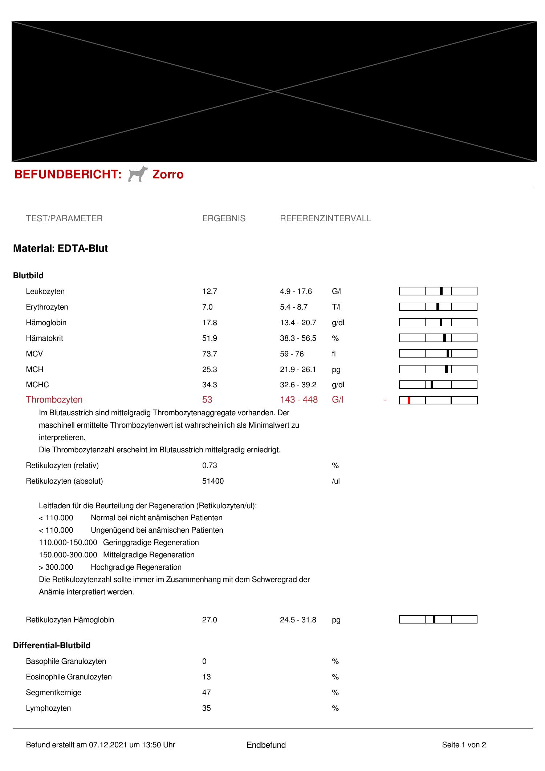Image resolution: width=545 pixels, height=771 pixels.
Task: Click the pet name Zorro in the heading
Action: coord(168,175)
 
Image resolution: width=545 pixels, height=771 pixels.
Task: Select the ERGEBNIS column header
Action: coord(224,218)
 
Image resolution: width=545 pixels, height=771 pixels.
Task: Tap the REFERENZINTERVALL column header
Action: coord(325,218)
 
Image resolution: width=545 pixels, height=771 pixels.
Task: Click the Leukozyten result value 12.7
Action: coord(210,291)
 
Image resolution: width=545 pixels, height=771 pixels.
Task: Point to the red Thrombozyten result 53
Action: coord(207,400)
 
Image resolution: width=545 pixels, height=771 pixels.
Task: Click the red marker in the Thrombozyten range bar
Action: coord(409,400)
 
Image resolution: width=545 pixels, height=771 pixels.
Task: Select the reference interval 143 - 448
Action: coord(298,400)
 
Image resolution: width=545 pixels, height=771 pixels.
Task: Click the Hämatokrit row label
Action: coord(44,338)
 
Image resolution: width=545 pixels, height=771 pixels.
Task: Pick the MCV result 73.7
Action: coord(210,354)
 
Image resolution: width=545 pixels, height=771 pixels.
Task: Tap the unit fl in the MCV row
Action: coord(334,354)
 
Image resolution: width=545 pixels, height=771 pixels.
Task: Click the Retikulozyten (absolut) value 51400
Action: coord(213,481)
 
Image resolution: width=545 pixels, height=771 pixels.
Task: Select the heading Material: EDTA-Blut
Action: coord(60,249)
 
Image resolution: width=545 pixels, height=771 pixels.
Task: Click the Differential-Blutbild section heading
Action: coord(52,645)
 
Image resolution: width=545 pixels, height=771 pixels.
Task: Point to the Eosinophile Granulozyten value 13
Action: coord(206,677)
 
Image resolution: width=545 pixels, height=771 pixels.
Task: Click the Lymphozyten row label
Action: coord(48,708)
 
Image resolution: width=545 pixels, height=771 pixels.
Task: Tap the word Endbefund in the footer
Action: coord(266,745)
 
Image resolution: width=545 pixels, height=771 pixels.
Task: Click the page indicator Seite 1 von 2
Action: coord(464,745)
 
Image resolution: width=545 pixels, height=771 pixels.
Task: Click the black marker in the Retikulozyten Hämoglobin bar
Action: coord(434,619)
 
